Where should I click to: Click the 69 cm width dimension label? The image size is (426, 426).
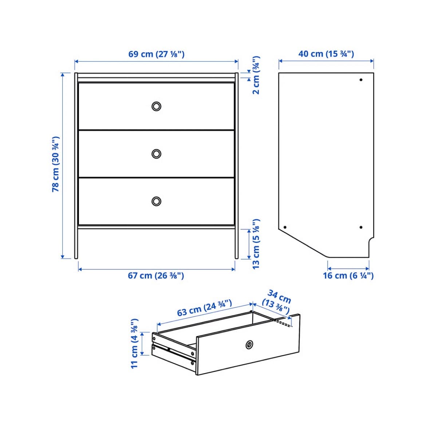click(x=156, y=54)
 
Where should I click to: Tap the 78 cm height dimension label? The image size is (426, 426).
click(x=55, y=164)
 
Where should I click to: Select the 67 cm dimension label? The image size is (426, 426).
click(x=156, y=276)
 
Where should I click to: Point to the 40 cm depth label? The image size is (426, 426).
click(x=326, y=54)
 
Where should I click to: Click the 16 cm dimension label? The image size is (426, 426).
click(x=348, y=276)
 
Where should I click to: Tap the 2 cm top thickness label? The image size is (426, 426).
click(x=256, y=75)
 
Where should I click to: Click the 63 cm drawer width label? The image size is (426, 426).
click(x=205, y=308)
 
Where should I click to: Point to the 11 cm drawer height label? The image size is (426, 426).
click(x=135, y=343)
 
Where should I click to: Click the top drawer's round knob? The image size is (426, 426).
click(x=156, y=106)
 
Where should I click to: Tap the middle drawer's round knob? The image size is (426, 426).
click(x=156, y=154)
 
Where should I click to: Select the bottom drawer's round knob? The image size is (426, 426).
click(x=156, y=201)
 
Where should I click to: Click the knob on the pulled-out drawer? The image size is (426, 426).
click(x=249, y=345)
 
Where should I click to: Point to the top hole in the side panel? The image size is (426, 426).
click(x=361, y=80)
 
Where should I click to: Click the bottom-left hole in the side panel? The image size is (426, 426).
click(x=285, y=227)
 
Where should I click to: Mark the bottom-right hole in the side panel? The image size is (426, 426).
click(x=361, y=227)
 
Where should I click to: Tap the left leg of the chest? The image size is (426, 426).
click(x=76, y=244)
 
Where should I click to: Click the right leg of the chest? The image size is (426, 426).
click(x=236, y=244)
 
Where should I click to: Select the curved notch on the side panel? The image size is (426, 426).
click(x=371, y=240)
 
